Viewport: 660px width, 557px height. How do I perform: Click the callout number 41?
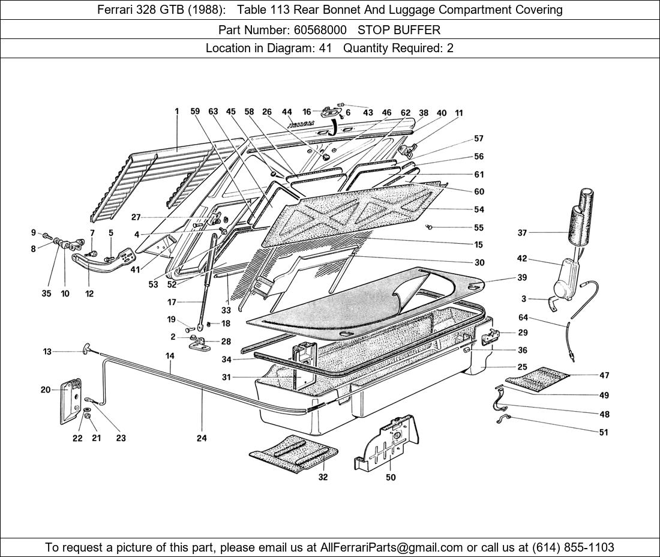pyautogui.click(x=135, y=270)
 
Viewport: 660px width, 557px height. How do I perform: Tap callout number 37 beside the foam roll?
pyautogui.click(x=523, y=233)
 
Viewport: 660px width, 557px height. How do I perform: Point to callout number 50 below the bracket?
pyautogui.click(x=391, y=478)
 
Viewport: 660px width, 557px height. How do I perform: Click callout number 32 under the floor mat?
pyautogui.click(x=323, y=478)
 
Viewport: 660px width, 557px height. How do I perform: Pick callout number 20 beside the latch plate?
pyautogui.click(x=46, y=390)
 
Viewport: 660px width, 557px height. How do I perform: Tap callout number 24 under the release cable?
pyautogui.click(x=202, y=438)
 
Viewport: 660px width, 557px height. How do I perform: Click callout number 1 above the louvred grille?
pyautogui.click(x=177, y=111)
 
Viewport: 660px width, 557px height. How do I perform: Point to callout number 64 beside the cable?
pyautogui.click(x=523, y=318)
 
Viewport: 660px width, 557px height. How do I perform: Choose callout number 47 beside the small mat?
pyautogui.click(x=604, y=375)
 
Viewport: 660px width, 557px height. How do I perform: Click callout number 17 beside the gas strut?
pyautogui.click(x=172, y=302)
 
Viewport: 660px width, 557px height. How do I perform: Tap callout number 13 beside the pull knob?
pyautogui.click(x=47, y=352)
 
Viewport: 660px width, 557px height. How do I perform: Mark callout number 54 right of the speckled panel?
pyautogui.click(x=479, y=209)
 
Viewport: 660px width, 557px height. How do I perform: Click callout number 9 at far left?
pyautogui.click(x=33, y=232)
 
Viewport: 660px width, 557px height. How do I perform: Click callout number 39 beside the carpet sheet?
pyautogui.click(x=523, y=277)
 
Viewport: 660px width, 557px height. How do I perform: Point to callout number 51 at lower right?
pyautogui.click(x=604, y=432)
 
